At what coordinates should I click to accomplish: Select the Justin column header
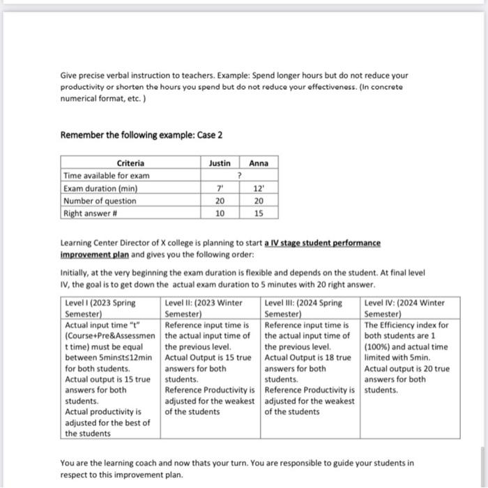[x=220, y=163]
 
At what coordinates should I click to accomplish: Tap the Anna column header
[x=259, y=163]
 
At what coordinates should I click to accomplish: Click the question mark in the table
[x=239, y=176]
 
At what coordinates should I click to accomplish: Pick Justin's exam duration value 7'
[x=220, y=188]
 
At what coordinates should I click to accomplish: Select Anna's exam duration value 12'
[x=259, y=188]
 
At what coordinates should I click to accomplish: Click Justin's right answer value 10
[x=220, y=214]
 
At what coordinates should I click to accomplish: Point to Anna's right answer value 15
[x=259, y=214]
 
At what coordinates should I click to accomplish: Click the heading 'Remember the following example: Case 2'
[x=142, y=135]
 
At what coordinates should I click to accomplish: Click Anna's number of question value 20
[x=259, y=201]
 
